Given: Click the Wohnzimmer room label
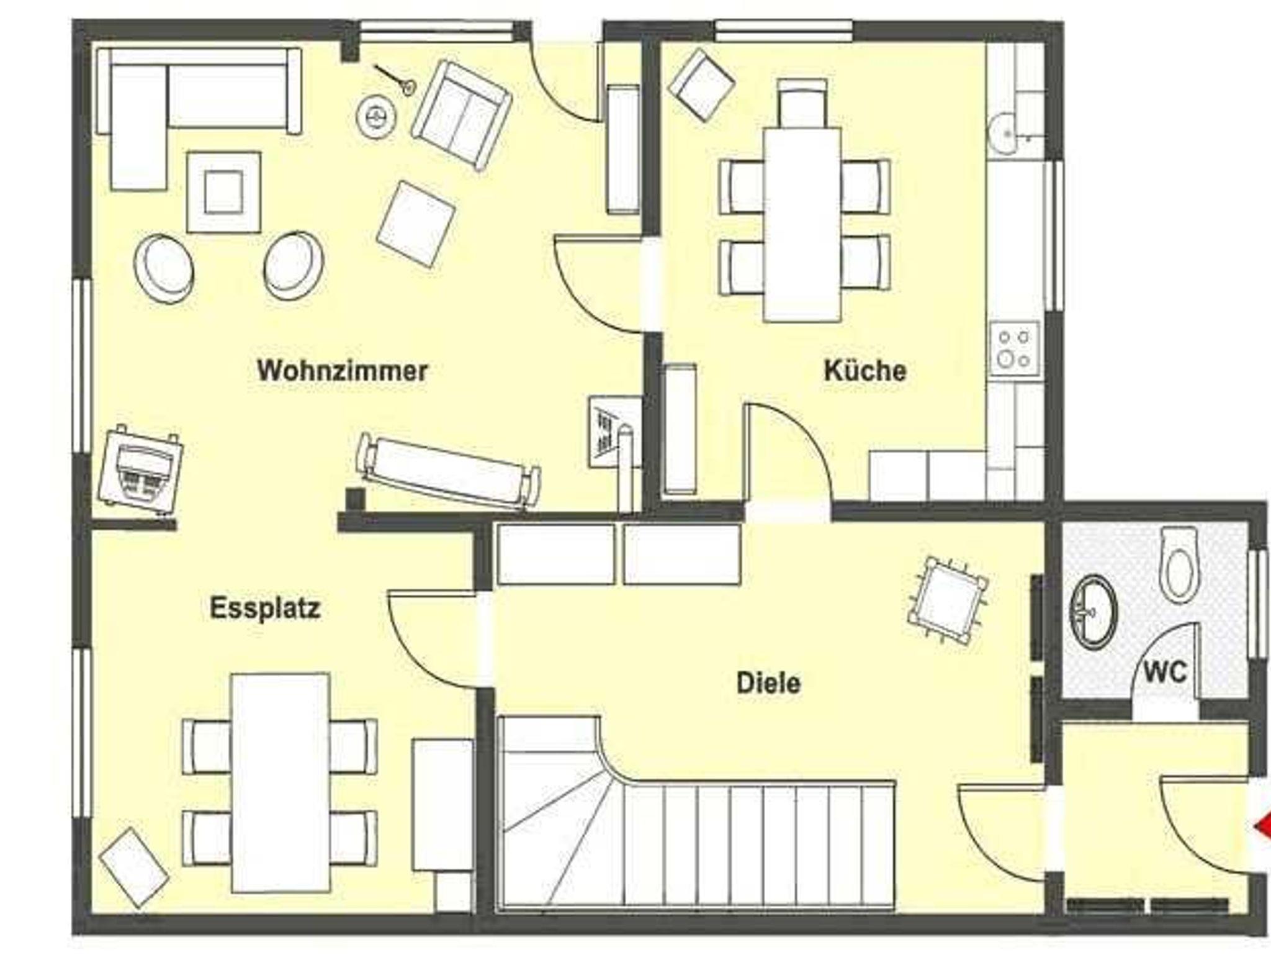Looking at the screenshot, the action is pos(343,371).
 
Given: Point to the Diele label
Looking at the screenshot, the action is pos(768,683).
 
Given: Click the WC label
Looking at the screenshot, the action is pos(1165,672).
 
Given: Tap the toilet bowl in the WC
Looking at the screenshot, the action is pos(1178,564).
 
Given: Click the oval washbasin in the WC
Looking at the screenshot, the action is pos(1093,612).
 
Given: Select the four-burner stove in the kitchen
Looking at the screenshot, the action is pos(1014,350).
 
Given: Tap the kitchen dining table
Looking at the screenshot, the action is pos(802,225).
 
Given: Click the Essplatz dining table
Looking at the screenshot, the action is pos(280,782).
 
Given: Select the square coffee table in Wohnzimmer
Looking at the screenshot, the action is pos(223,192).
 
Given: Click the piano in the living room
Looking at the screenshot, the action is pos(141,470).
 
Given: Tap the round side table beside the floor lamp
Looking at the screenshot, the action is pos(376,115).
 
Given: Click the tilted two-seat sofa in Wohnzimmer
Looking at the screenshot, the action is pos(462,115).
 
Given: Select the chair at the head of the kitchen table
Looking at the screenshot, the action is pos(802,102).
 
